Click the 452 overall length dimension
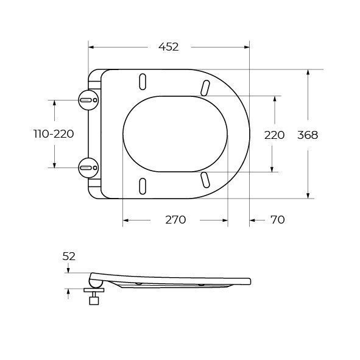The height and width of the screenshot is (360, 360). click(169, 47)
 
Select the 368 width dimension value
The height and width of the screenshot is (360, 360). click(308, 135)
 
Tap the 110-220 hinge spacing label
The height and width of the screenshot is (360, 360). click(54, 134)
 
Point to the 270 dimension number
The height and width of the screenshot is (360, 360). click(175, 220)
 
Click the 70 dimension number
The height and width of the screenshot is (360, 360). click(278, 220)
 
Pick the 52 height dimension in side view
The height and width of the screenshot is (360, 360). click(69, 256)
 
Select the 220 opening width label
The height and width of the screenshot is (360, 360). click(274, 135)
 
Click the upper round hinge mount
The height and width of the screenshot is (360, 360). click(88, 100)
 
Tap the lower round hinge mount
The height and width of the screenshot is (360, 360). click(88, 168)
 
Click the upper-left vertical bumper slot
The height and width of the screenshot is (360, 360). click(143, 82)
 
